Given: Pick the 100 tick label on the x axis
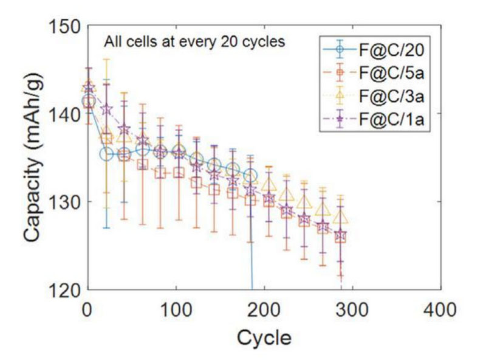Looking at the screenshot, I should point(174,311).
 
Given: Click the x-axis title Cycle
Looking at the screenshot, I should point(263,336).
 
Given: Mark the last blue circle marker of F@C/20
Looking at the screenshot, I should point(250,176).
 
